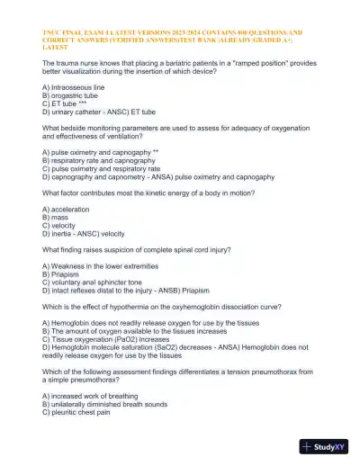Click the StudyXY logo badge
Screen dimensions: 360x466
click(x=326, y=446)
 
